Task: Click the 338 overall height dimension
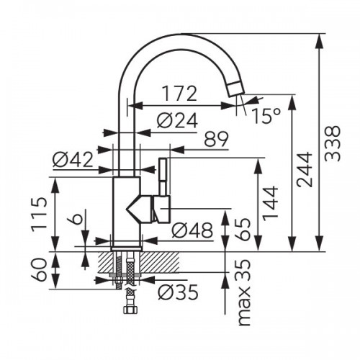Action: tap(333, 143)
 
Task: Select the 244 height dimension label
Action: tap(305, 169)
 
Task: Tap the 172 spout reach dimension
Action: tap(180, 94)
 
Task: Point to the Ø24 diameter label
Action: tap(177, 120)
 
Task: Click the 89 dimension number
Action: tap(217, 139)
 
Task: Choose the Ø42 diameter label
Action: tap(73, 160)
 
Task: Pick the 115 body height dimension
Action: tap(39, 215)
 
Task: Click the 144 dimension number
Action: tap(270, 203)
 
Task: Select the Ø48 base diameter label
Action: tap(192, 230)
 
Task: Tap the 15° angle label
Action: tap(266, 116)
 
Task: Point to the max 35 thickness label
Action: tap(245, 292)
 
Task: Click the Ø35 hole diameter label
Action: tap(179, 292)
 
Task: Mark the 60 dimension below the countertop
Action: tap(39, 269)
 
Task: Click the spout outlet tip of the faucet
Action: tap(236, 89)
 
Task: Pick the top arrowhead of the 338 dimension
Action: tap(320, 40)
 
